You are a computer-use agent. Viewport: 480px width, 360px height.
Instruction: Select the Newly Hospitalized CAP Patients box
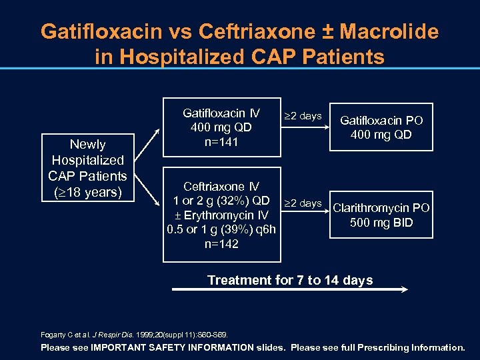tap(87, 169)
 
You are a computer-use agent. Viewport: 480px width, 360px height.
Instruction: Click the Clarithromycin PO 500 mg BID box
tap(381, 215)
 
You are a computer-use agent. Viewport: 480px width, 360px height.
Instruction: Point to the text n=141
tap(222, 142)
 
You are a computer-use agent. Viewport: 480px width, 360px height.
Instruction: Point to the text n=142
tap(222, 244)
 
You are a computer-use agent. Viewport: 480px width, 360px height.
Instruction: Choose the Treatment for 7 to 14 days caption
tap(290, 280)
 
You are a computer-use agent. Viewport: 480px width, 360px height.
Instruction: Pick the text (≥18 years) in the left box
tap(88, 193)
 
